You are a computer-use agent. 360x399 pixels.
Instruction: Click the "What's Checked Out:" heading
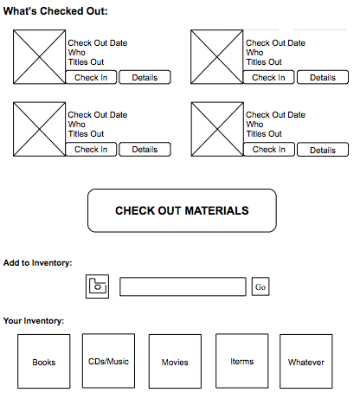click(55, 11)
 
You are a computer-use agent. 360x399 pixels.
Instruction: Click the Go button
click(260, 286)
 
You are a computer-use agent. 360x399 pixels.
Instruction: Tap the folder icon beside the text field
click(97, 286)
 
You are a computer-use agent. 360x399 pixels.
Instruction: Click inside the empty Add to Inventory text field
click(183, 286)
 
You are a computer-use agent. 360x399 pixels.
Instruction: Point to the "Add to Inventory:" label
click(37, 263)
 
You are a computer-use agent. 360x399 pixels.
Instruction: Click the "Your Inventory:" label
click(34, 321)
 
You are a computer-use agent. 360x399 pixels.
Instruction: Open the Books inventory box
click(44, 361)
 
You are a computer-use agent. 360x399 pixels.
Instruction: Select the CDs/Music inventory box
click(108, 361)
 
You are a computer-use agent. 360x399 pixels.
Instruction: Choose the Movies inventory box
click(175, 361)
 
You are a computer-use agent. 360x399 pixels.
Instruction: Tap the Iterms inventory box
click(242, 361)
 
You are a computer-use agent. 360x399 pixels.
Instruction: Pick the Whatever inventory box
click(306, 361)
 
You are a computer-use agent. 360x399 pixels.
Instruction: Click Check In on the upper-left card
click(91, 77)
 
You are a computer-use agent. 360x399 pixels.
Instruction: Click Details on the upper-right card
click(323, 77)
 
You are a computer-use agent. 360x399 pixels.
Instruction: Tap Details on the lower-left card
click(145, 149)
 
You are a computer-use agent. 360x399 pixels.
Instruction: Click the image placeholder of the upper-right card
click(217, 57)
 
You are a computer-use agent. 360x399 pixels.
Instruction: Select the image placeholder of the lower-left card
click(40, 129)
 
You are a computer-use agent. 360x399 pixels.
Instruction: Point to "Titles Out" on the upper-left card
click(86, 62)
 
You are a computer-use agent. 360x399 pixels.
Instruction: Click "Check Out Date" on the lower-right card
click(275, 115)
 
